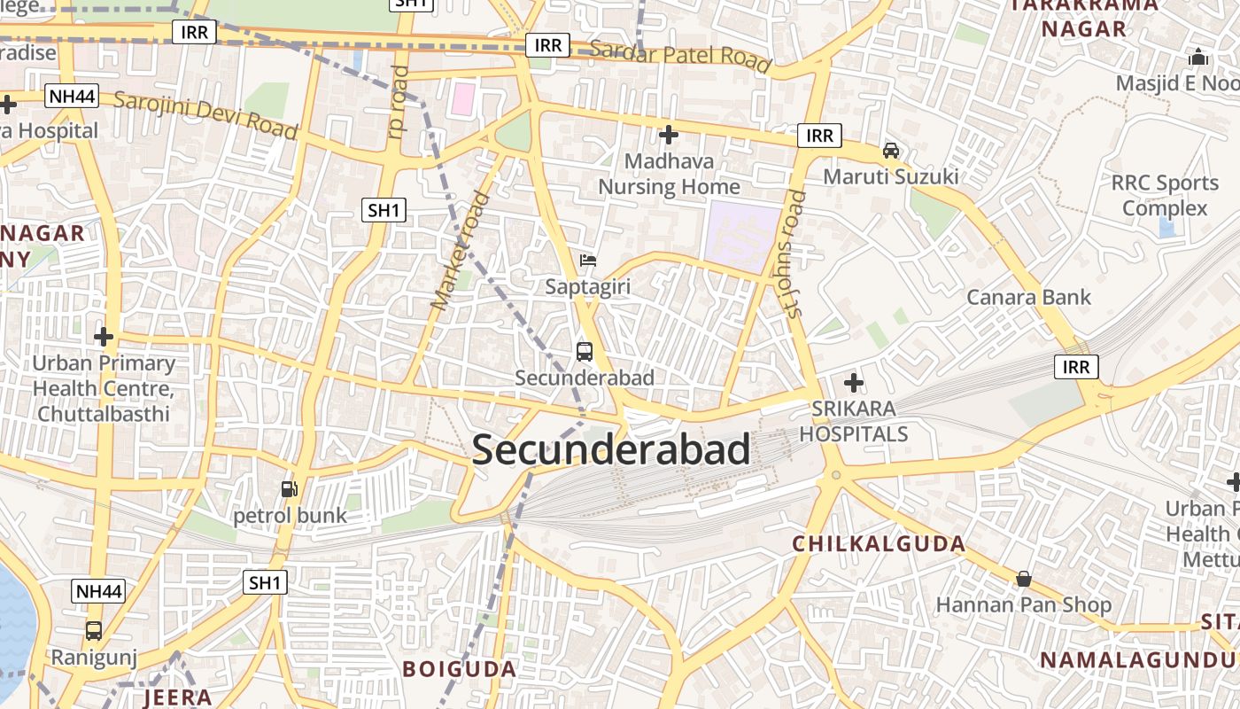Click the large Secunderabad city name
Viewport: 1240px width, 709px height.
point(611,450)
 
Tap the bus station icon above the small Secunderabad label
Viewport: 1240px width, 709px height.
point(585,351)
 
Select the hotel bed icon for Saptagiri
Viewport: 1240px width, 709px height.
point(587,261)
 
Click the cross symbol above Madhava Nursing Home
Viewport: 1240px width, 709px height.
point(669,135)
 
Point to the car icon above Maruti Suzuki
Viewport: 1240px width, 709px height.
point(891,151)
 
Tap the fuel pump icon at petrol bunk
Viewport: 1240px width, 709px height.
point(289,488)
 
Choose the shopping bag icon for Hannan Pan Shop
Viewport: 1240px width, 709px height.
point(1024,579)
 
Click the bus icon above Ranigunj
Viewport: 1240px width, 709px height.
point(93,631)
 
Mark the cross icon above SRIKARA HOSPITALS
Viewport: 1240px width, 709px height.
point(854,383)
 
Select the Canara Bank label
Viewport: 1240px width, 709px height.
point(1028,297)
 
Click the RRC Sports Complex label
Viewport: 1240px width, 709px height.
point(1165,196)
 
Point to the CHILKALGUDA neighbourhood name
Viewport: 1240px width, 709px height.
point(879,544)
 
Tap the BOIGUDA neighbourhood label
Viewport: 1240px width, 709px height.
point(459,669)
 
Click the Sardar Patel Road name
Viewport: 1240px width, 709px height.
point(679,55)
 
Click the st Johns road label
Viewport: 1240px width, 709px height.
point(794,253)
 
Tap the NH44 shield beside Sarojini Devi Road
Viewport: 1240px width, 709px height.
point(71,96)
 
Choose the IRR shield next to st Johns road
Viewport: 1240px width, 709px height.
point(819,136)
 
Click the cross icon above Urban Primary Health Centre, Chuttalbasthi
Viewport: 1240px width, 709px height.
point(104,337)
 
